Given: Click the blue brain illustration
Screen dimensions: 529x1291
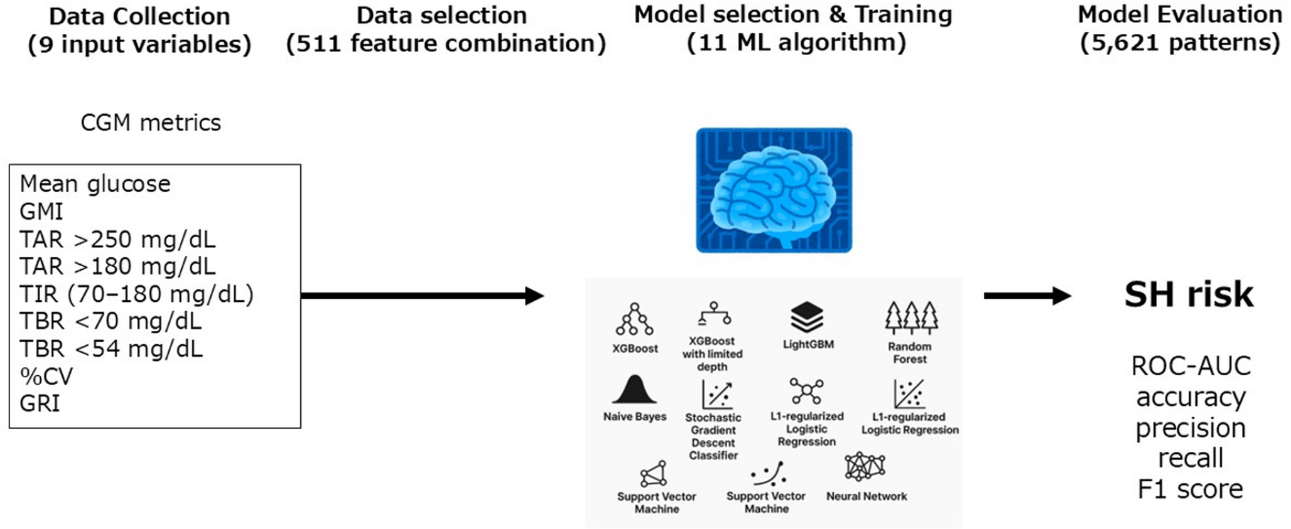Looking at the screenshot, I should coord(774,190).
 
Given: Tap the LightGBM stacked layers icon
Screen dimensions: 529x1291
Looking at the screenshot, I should coord(807,317).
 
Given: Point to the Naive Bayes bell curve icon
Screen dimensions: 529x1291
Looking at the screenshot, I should coord(634,390).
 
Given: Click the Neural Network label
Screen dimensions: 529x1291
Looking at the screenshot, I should coord(867,496).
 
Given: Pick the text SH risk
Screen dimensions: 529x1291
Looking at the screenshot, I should coord(1189,294).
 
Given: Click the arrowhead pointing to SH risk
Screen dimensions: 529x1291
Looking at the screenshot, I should coord(1061,296).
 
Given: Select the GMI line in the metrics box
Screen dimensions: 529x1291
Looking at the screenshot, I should coord(41,212).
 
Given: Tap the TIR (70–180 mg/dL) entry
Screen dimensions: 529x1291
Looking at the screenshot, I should coord(136,294).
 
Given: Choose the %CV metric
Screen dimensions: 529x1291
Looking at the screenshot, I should coord(46,376).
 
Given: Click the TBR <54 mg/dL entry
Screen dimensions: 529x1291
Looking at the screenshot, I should coord(111,348).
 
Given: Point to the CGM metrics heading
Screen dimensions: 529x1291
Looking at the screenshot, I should coord(151,122).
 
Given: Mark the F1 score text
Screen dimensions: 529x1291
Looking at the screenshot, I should coord(1190,489).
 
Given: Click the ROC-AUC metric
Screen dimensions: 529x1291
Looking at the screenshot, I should coord(1191,366).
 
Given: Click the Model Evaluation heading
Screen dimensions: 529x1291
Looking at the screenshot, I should coord(1179,14).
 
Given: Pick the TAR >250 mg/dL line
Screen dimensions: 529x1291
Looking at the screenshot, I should coord(117,239).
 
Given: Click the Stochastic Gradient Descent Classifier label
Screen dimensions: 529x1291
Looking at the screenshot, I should coord(713,436).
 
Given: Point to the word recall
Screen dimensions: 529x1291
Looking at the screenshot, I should coord(1190,458).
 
